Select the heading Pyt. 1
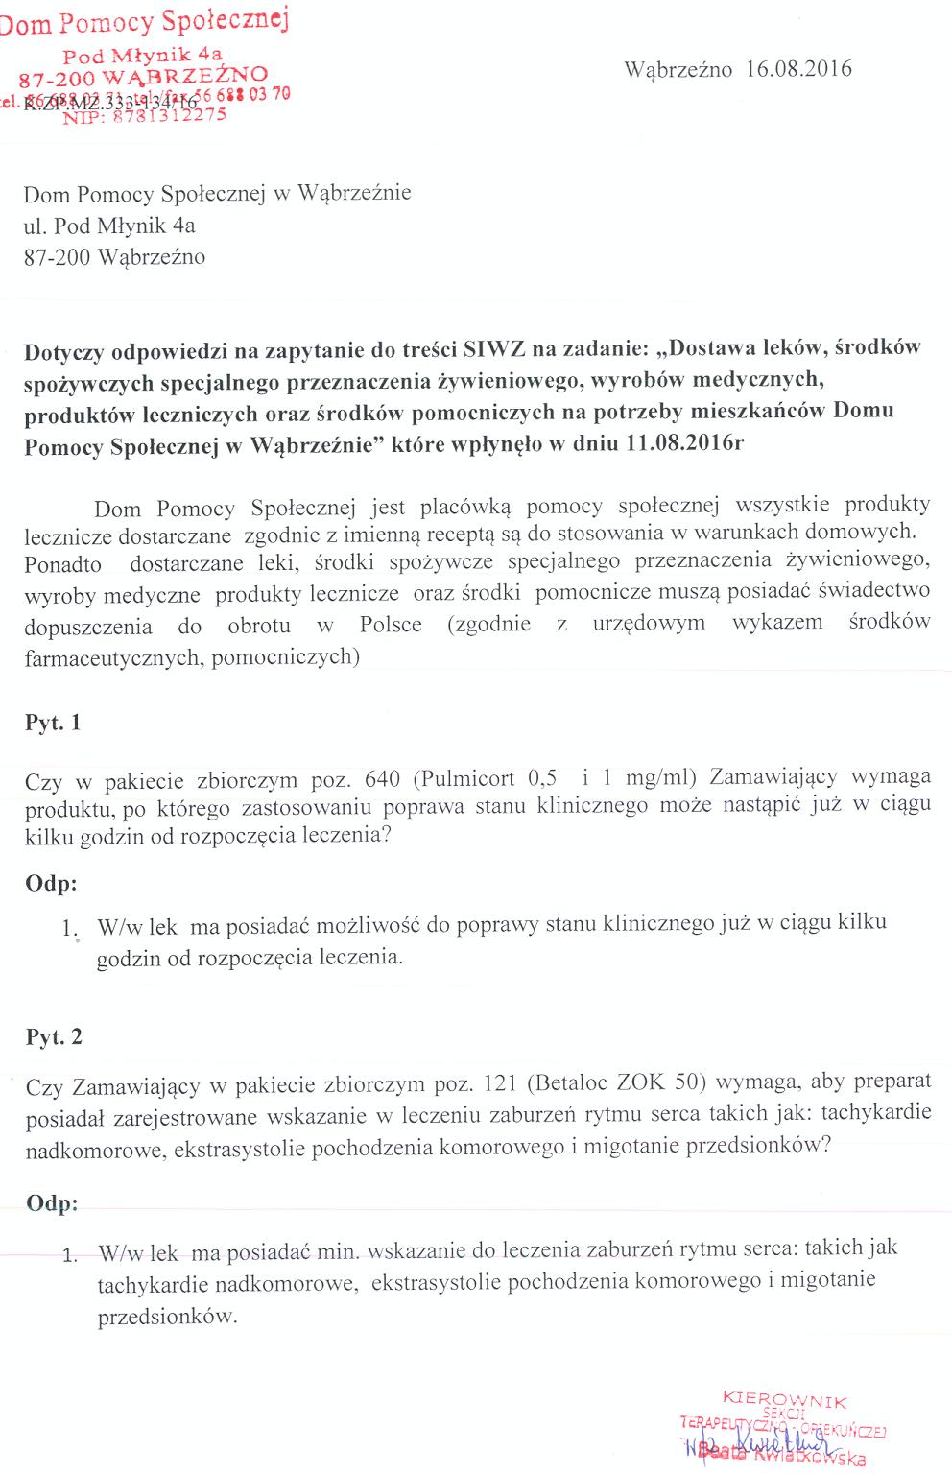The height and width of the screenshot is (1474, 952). tap(53, 723)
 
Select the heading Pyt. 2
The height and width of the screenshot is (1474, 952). tap(54, 1036)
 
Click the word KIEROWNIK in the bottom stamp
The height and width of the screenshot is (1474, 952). tap(784, 1401)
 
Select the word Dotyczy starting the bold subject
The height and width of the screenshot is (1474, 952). tap(63, 350)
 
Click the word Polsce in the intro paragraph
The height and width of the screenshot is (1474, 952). tap(391, 624)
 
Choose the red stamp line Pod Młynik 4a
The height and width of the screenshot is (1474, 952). tap(142, 56)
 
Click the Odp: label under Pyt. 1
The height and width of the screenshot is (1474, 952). tap(52, 883)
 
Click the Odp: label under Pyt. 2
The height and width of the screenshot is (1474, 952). tap(52, 1203)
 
